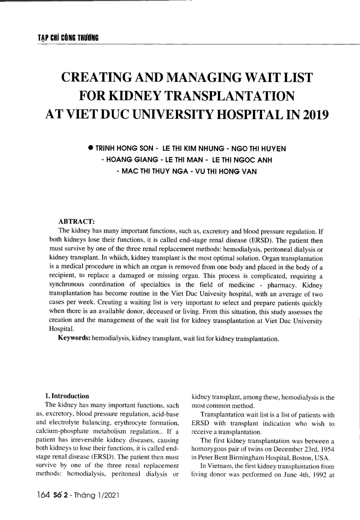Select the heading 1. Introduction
pyautogui.click(x=67, y=396)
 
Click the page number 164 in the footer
pyautogui.click(x=43, y=495)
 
